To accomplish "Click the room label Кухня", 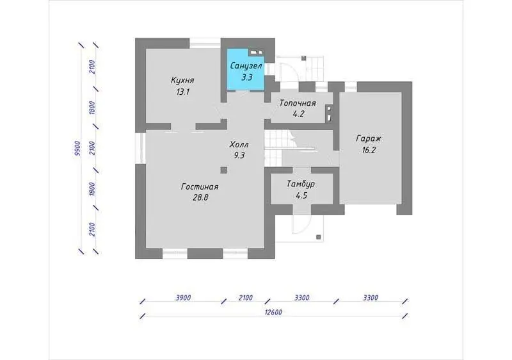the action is pyautogui.click(x=182, y=80).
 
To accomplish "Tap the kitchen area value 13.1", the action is pyautogui.click(x=183, y=92).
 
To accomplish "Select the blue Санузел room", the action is pyautogui.click(x=246, y=69).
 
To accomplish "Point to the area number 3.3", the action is pyautogui.click(x=247, y=78).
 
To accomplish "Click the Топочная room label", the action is pyautogui.click(x=298, y=103).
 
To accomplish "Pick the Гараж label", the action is pyautogui.click(x=369, y=139).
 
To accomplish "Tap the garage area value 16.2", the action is pyautogui.click(x=369, y=150).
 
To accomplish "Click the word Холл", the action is pyautogui.click(x=239, y=144).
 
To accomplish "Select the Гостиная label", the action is pyautogui.click(x=200, y=187).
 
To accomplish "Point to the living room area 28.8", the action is pyautogui.click(x=200, y=198).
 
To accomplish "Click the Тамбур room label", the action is pyautogui.click(x=301, y=184).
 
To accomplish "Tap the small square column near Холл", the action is pyautogui.click(x=223, y=170).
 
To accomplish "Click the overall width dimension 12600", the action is pyautogui.click(x=273, y=312).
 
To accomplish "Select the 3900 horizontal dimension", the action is pyautogui.click(x=183, y=298).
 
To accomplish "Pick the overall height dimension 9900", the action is pyautogui.click(x=77, y=149).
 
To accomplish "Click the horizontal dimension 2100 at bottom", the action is pyautogui.click(x=246, y=298).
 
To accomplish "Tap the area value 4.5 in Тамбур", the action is pyautogui.click(x=301, y=195).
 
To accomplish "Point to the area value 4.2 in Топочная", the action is pyautogui.click(x=298, y=114).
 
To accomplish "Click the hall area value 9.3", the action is pyautogui.click(x=239, y=155).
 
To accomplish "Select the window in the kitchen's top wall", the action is pyautogui.click(x=205, y=43).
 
